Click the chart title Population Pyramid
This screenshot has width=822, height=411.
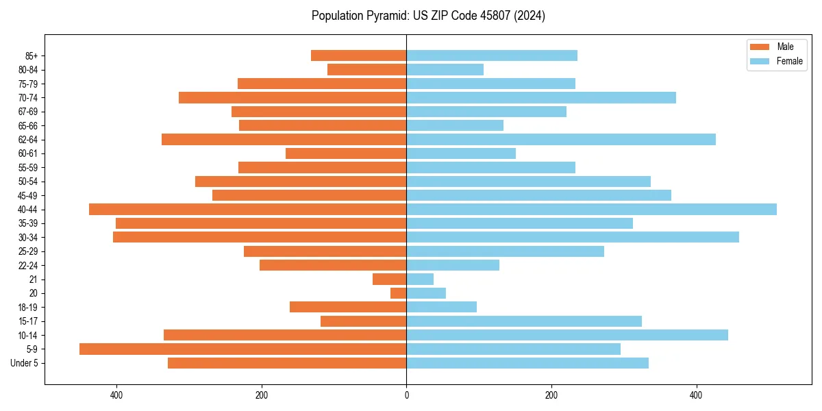tap(428, 16)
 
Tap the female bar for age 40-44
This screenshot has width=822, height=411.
tap(591, 209)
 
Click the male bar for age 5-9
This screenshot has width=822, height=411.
tap(242, 349)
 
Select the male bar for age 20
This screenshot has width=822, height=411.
tap(399, 293)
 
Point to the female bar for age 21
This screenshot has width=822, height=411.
tap(420, 279)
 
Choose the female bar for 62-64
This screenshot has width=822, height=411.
tap(561, 139)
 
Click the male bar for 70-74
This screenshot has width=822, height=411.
tap(292, 97)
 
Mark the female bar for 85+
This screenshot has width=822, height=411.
tap(492, 55)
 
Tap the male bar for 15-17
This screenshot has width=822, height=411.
tap(363, 321)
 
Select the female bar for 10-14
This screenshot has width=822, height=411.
tap(567, 335)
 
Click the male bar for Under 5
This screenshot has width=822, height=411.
tap(287, 363)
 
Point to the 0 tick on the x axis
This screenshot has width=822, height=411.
tap(406, 395)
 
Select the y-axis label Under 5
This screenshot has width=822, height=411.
tap(24, 363)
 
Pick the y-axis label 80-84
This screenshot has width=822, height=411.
tap(27, 69)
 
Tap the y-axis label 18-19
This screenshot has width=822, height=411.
tap(27, 307)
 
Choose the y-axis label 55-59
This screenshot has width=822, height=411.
tap(27, 167)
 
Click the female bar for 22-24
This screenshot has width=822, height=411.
tap(453, 265)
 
